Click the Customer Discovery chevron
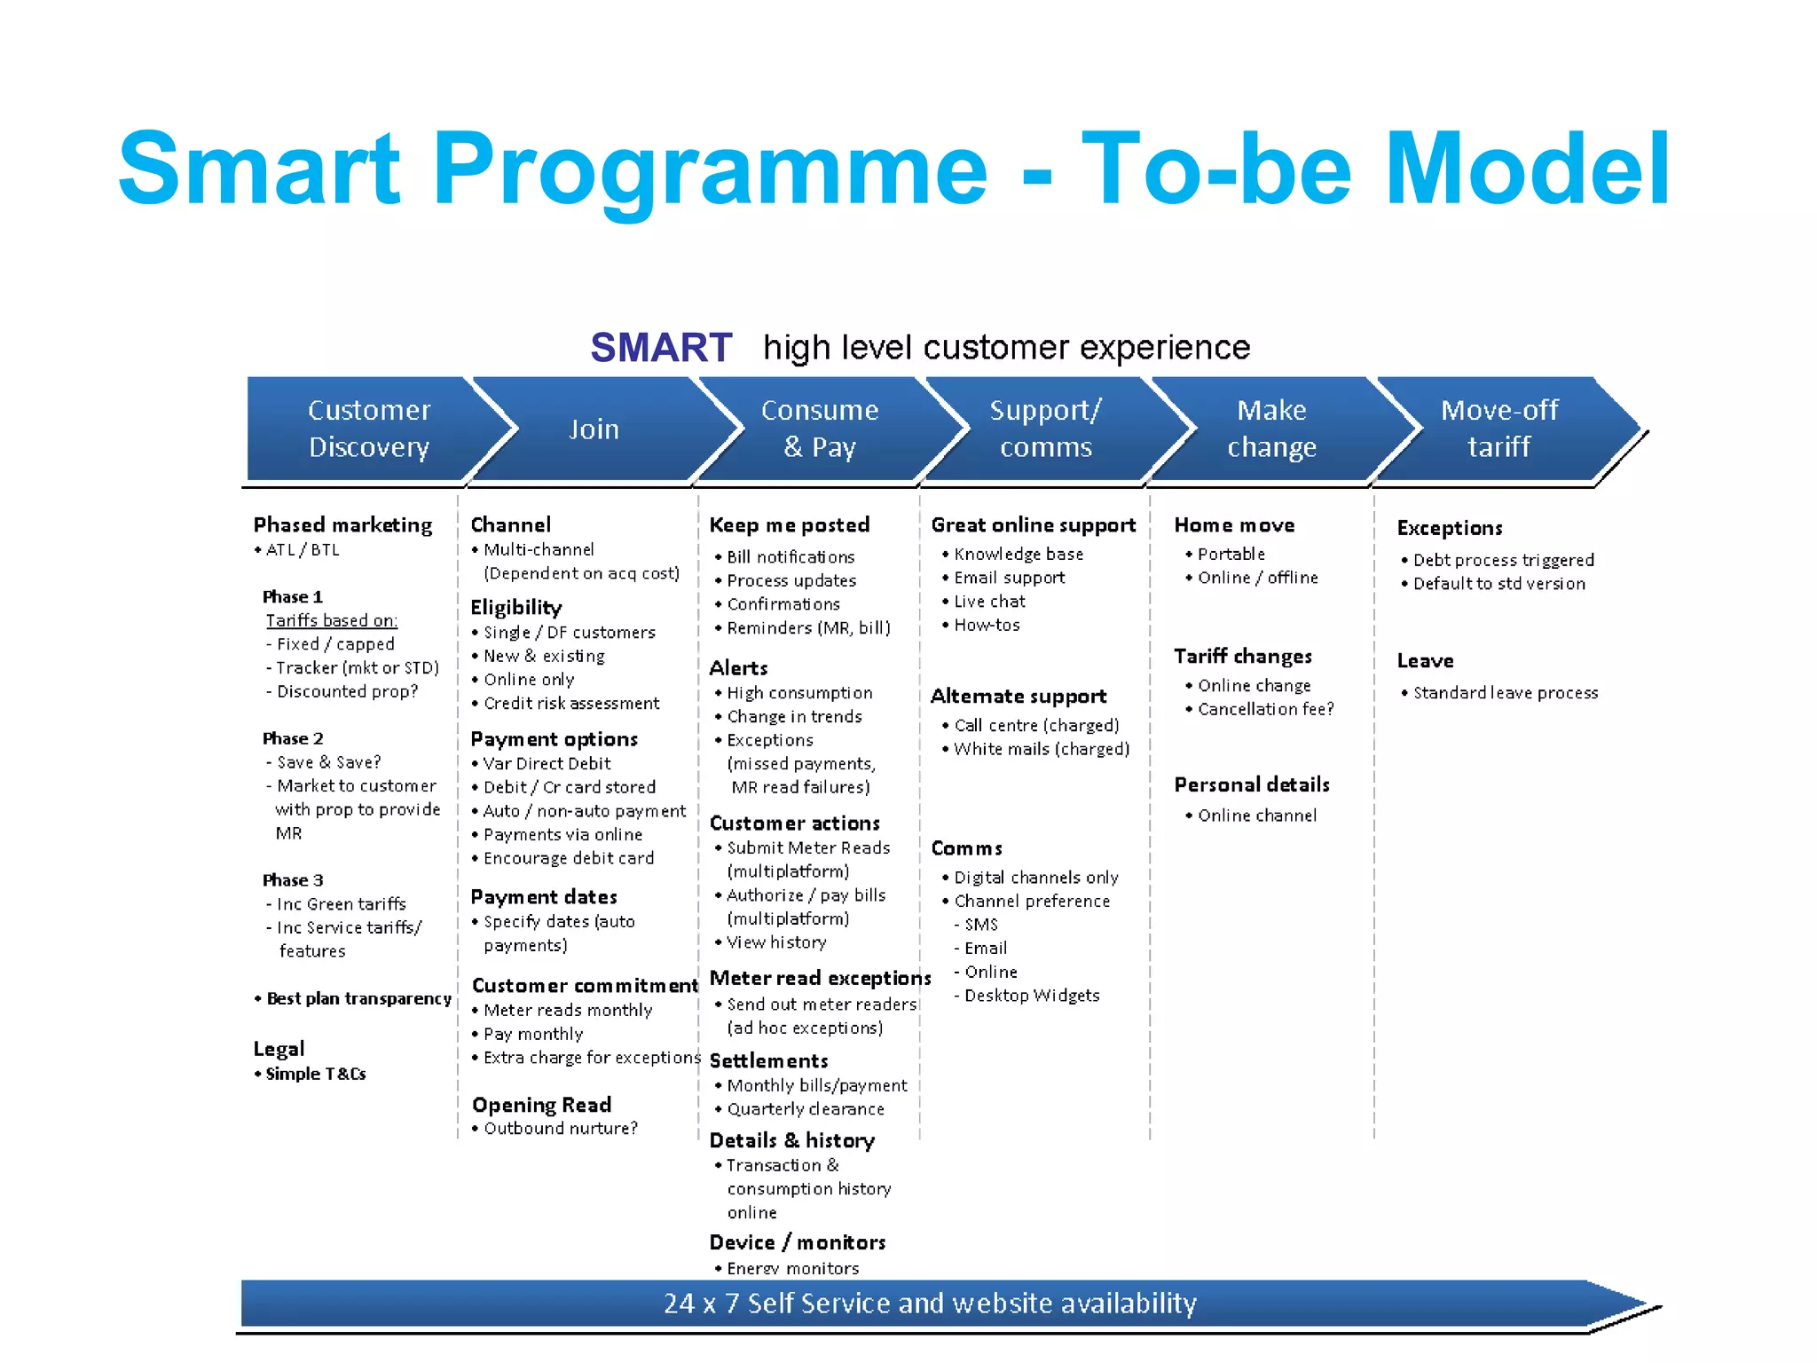point(368,429)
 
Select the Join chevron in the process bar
point(594,429)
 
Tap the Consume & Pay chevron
point(819,429)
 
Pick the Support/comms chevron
point(1045,429)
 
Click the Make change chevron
point(1271,429)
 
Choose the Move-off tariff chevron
point(1498,429)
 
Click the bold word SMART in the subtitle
point(661,347)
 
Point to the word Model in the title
point(1527,169)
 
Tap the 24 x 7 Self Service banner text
point(930,1303)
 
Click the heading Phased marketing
point(342,524)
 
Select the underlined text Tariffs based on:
point(332,620)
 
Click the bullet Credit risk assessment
point(571,703)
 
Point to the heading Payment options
point(554,739)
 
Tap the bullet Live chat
point(989,601)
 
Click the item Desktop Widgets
point(1032,996)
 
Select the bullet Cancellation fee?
point(1265,709)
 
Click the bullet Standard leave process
point(1505,692)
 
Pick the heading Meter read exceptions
point(820,978)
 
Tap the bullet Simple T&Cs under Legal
point(315,1074)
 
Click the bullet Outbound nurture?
point(560,1128)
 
